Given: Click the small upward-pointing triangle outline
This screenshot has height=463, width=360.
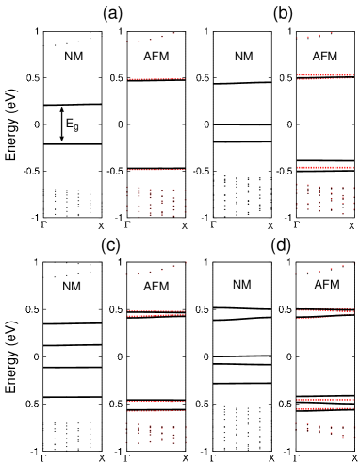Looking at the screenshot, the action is pyautogui.click(x=62, y=109).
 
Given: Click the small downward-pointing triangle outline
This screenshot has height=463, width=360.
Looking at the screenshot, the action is pyautogui.click(x=62, y=139).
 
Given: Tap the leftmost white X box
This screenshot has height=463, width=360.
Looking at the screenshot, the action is pyautogui.click(x=102, y=226).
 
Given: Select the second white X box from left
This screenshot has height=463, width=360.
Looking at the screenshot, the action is pyautogui.click(x=186, y=226).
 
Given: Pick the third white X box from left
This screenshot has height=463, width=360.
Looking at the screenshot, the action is pyautogui.click(x=271, y=226).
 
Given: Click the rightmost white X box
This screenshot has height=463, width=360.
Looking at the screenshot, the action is pyautogui.click(x=352, y=226).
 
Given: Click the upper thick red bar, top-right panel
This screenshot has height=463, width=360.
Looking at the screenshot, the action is pyautogui.click(x=325, y=74).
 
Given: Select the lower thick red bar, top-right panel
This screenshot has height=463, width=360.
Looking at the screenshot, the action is pyautogui.click(x=325, y=167).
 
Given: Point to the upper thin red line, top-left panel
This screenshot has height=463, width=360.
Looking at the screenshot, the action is pyautogui.click(x=155, y=79).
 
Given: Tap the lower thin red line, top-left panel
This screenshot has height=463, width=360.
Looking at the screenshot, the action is pyautogui.click(x=155, y=170).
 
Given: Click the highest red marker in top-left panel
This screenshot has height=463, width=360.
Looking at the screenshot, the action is pyautogui.click(x=173, y=33).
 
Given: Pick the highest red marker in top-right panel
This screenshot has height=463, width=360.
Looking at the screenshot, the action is pyautogui.click(x=331, y=33).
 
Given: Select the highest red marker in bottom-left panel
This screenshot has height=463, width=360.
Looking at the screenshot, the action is pyautogui.click(x=186, y=262).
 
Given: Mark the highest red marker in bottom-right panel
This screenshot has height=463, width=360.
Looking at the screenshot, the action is pyautogui.click(x=354, y=263).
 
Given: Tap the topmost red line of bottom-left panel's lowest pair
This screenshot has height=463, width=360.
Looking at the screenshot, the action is pyautogui.click(x=155, y=402).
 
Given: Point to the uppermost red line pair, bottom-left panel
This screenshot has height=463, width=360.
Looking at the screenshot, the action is pyautogui.click(x=155, y=313).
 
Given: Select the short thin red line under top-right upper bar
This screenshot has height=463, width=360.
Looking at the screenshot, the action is pyautogui.click(x=308, y=80).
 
